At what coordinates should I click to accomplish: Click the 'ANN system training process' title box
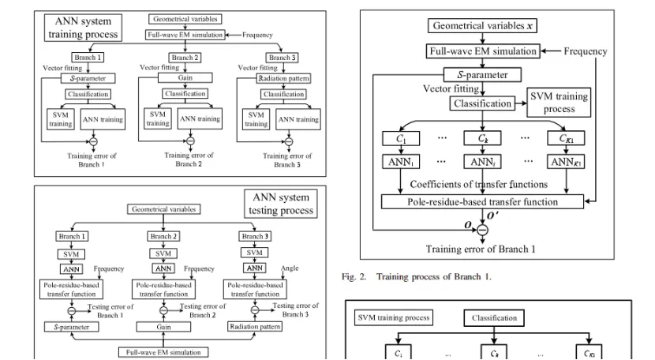pos(83,28)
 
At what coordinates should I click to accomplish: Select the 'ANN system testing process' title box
pos(281,204)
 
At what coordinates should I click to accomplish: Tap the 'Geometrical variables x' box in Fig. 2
pos(482,26)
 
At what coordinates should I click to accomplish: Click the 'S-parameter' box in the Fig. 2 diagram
pos(482,75)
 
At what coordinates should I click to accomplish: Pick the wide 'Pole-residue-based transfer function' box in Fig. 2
pos(482,201)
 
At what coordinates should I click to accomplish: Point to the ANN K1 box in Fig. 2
pos(566,162)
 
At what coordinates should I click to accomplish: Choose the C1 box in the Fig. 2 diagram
pos(401,138)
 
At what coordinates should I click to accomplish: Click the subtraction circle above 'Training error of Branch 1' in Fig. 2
pos(482,230)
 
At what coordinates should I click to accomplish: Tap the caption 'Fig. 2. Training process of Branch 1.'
pos(417,276)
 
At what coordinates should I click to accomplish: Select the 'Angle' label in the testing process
pos(290,268)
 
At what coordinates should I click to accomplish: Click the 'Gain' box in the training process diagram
pos(185,78)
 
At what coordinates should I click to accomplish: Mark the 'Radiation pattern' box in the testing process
pos(255,327)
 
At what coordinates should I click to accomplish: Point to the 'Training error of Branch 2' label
pos(189,159)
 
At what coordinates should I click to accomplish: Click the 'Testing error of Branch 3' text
pos(295,309)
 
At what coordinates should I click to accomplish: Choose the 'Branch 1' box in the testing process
pos(72,236)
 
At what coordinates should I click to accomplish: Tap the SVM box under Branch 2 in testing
pos(163,253)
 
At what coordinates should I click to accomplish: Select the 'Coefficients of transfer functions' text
pos(479,184)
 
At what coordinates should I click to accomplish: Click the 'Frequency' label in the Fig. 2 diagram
pos(586,51)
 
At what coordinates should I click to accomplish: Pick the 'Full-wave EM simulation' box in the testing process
pos(163,352)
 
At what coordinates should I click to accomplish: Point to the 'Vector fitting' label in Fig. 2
pos(451,88)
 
